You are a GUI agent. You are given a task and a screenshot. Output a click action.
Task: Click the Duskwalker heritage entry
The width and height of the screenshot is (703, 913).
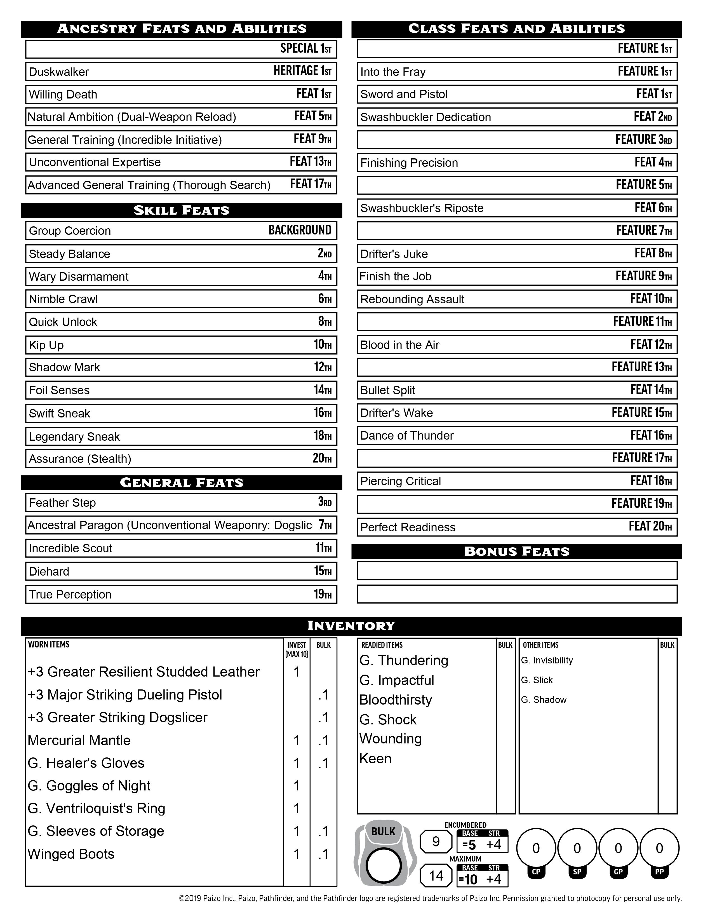pos(59,72)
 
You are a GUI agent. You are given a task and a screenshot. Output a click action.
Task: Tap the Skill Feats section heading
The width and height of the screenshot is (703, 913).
pos(181,210)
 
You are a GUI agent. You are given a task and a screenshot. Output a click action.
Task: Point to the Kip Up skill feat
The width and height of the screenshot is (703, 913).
pos(46,345)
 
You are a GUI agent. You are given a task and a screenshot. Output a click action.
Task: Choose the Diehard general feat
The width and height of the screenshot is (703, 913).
pos(49,571)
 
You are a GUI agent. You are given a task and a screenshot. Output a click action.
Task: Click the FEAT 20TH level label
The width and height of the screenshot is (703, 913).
pos(650,526)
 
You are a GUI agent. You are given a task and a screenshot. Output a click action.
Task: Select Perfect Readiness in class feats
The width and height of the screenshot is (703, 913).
pos(408,527)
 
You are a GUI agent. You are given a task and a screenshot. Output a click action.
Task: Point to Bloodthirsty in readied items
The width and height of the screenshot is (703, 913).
pos(395,700)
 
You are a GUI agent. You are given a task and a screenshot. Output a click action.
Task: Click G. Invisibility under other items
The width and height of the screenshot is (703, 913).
pos(547,660)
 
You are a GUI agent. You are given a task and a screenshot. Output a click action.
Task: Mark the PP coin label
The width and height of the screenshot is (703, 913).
pos(659,872)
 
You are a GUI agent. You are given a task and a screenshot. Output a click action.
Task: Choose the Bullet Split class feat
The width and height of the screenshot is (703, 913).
pos(387,390)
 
